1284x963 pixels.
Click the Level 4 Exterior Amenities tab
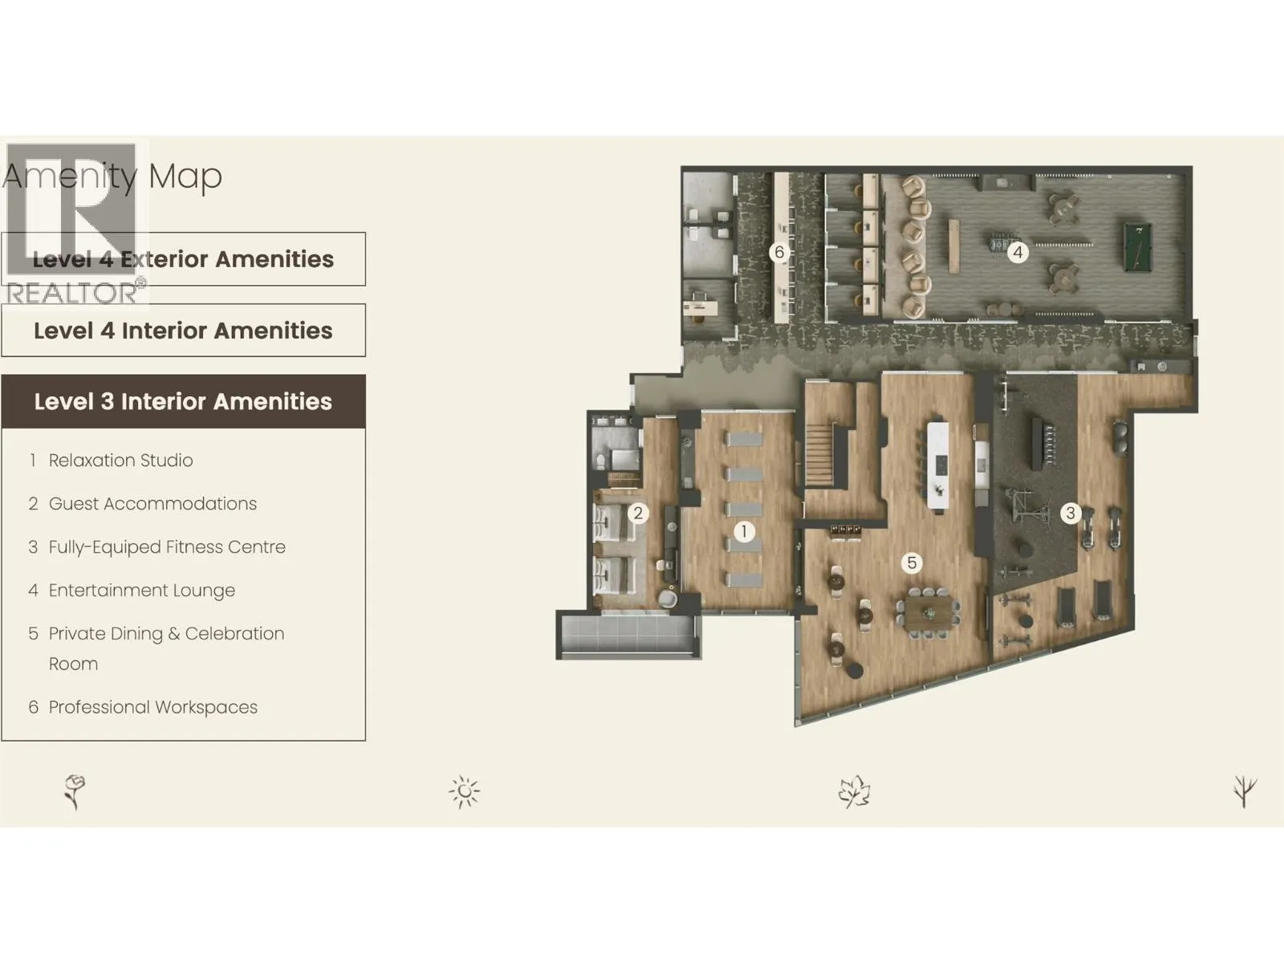point(183,259)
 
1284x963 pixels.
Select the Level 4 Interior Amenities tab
point(183,331)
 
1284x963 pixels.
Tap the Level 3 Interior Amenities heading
point(183,401)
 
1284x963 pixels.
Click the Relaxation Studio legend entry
point(120,461)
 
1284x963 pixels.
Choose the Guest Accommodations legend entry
point(152,504)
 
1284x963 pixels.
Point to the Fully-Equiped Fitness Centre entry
point(167,547)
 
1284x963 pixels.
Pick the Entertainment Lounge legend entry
point(141,591)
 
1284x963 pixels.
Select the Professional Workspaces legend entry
point(152,708)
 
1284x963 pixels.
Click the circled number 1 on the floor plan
point(744,531)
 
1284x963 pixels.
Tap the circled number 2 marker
point(638,514)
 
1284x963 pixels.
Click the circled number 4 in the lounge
point(1018,253)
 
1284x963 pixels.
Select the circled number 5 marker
point(912,563)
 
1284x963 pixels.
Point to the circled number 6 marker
point(778,253)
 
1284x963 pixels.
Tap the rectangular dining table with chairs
point(928,613)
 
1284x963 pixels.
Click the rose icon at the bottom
point(75,791)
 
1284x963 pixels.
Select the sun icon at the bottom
point(465,792)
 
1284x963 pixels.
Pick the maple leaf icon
point(854,791)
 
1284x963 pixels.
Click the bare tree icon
point(1245,791)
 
